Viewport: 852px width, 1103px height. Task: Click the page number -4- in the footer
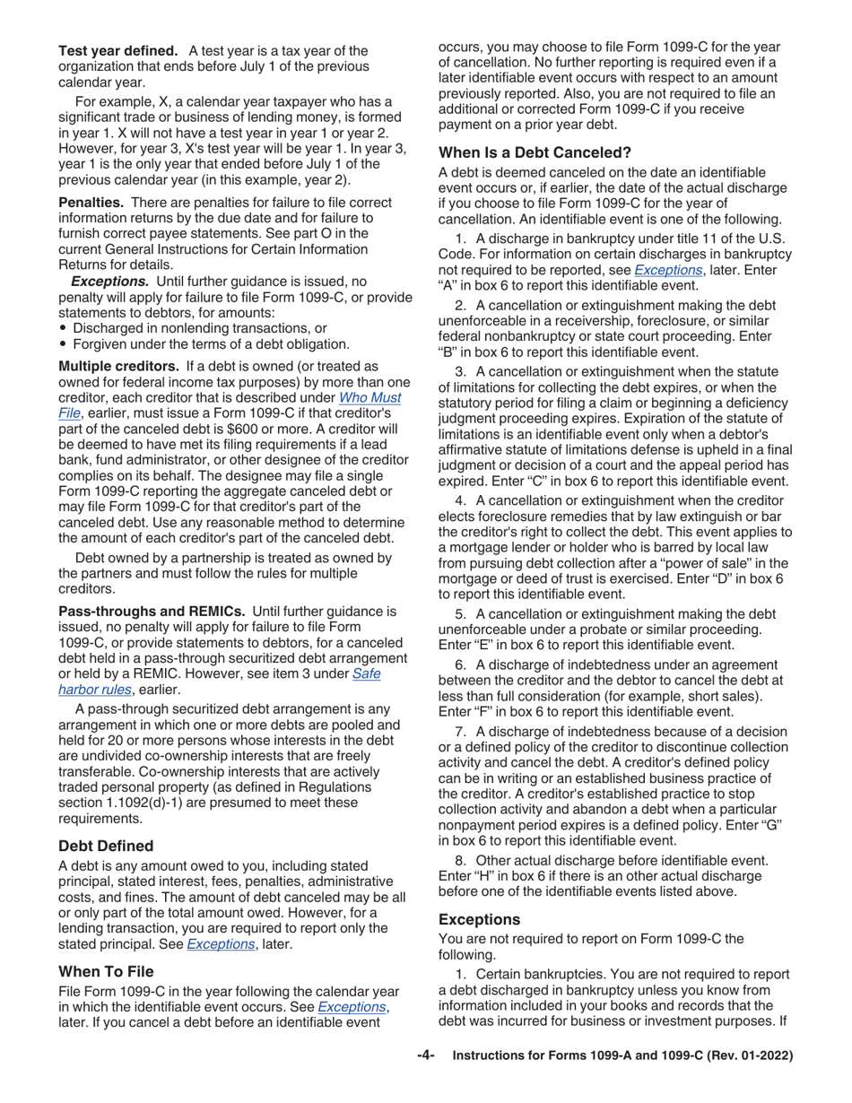point(425,1056)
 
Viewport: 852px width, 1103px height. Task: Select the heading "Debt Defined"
point(106,846)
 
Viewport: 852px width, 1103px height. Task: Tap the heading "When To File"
point(106,971)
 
